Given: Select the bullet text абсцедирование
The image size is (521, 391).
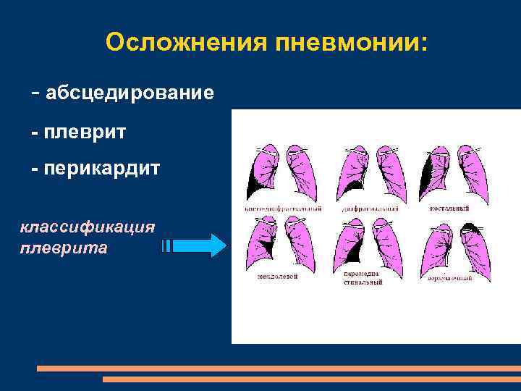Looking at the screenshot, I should (130, 93).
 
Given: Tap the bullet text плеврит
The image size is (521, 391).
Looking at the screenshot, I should (85, 133).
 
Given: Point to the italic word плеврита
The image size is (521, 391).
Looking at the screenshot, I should (64, 248).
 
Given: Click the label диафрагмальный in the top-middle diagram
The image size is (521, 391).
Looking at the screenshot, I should (370, 209).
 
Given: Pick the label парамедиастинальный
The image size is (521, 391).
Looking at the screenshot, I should (363, 277).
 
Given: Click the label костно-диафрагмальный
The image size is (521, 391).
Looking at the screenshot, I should (284, 209).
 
